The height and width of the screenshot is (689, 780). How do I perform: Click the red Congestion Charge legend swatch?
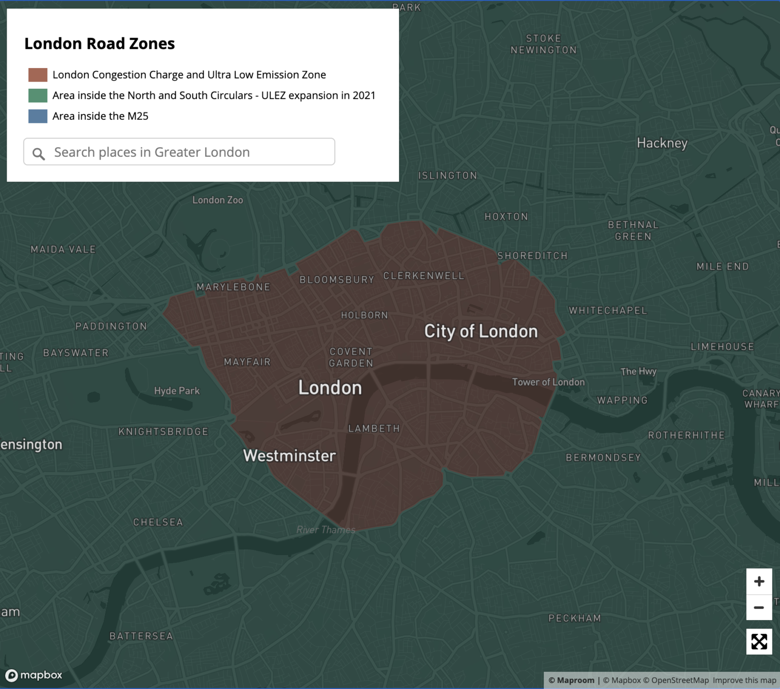[38, 75]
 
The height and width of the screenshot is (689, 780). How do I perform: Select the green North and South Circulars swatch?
[38, 96]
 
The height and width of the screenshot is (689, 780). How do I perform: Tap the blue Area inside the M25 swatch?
[38, 116]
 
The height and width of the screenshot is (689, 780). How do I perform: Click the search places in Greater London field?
[188, 152]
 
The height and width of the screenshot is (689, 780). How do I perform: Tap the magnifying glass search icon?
[39, 154]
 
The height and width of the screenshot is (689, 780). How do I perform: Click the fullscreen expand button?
[759, 642]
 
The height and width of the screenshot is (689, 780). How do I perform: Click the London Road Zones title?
[100, 44]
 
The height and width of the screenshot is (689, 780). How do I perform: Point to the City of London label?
[480, 332]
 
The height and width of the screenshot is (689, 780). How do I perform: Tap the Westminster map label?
[289, 456]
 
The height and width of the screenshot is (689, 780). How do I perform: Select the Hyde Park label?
[177, 391]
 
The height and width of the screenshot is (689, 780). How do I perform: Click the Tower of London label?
[548, 382]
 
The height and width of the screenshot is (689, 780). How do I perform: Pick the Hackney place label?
[662, 143]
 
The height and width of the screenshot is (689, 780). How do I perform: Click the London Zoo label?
[217, 200]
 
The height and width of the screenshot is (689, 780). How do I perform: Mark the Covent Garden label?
[351, 357]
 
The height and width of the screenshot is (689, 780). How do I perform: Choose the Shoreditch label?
[532, 256]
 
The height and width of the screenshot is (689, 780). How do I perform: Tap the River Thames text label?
[326, 530]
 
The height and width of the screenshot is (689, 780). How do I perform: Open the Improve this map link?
[744, 680]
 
